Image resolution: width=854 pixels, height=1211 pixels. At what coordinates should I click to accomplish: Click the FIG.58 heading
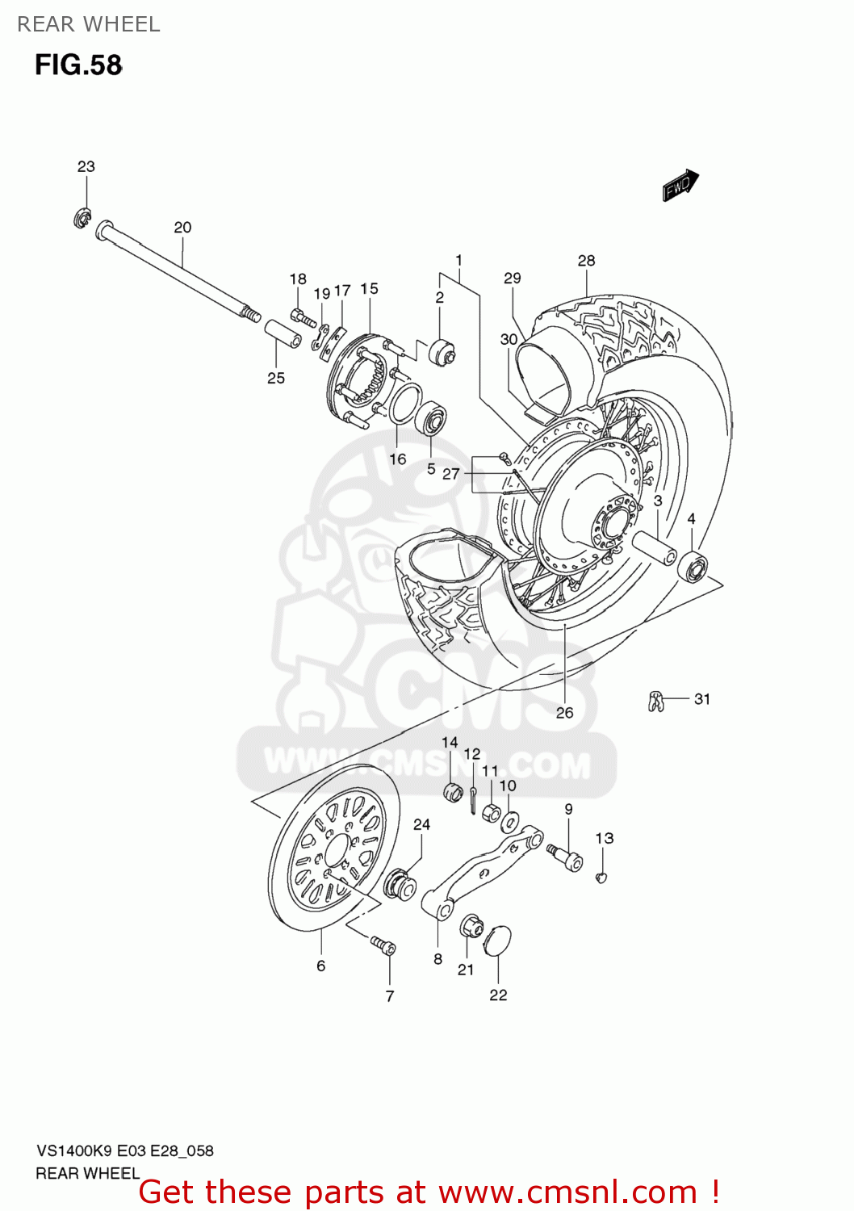(78, 65)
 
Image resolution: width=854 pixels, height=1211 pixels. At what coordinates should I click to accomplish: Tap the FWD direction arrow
(680, 185)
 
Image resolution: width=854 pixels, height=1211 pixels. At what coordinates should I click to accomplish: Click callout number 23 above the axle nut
(86, 166)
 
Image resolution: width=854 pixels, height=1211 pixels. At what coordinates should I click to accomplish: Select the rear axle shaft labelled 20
(174, 272)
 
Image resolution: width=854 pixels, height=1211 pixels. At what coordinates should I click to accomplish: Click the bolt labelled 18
(303, 317)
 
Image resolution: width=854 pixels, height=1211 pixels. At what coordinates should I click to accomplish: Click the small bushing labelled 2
(442, 352)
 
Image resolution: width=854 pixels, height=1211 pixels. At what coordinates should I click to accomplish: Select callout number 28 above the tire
(586, 261)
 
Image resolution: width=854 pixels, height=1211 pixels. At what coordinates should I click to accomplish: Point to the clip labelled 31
(655, 701)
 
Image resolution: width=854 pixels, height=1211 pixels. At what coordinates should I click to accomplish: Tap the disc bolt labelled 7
(383, 945)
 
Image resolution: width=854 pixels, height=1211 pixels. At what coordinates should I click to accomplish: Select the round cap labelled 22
(497, 943)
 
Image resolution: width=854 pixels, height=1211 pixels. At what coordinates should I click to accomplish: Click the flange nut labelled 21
(470, 926)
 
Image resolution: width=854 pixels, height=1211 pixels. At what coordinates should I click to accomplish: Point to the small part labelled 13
(601, 877)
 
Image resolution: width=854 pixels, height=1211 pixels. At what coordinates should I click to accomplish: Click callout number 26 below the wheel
(564, 712)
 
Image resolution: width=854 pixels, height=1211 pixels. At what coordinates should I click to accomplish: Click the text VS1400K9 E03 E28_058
(124, 1150)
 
